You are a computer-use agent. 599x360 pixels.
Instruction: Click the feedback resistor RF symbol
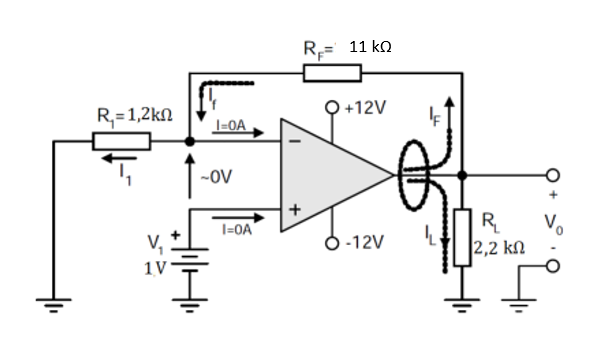(331, 71)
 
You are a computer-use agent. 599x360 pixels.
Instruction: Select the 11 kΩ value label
(370, 47)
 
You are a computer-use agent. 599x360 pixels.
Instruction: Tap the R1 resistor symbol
(121, 142)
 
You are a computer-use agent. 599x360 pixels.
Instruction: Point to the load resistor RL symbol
(461, 236)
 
